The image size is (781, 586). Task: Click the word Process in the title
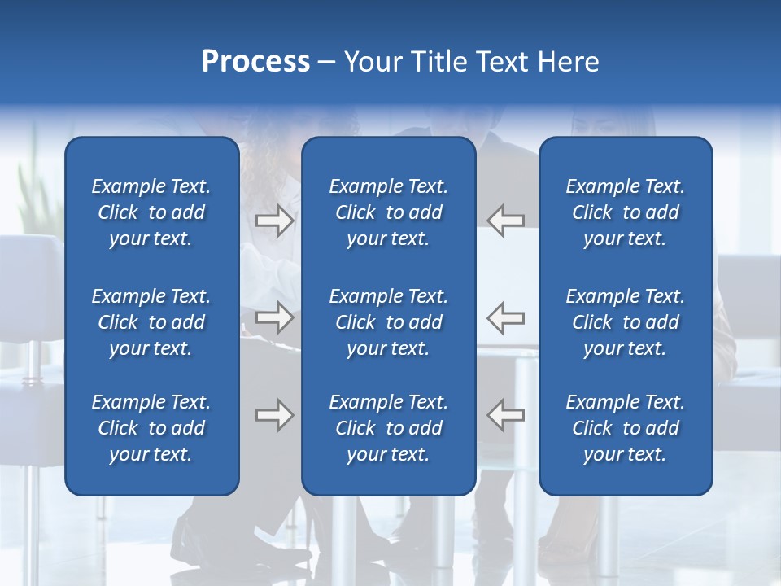click(x=255, y=62)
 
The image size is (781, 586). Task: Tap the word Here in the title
click(x=568, y=62)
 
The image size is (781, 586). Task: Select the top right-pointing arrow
click(x=274, y=221)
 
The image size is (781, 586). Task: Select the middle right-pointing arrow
click(x=274, y=317)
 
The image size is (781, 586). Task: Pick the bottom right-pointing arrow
click(x=274, y=415)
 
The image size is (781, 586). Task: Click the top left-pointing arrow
click(x=506, y=221)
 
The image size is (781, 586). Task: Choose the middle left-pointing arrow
click(x=506, y=317)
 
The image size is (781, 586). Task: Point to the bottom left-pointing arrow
click(x=506, y=415)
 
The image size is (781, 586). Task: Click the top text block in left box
click(x=151, y=212)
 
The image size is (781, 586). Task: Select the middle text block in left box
click(x=151, y=322)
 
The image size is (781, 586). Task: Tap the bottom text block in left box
click(x=151, y=428)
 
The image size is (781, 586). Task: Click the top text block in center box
click(x=389, y=212)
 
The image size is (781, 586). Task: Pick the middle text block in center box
click(x=389, y=322)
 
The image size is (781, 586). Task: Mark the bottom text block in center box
click(x=389, y=428)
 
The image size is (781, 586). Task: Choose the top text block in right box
click(x=626, y=212)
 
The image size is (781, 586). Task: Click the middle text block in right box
click(x=626, y=322)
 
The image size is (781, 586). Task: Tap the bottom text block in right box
click(x=626, y=428)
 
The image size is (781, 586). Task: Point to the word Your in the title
click(x=371, y=62)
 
